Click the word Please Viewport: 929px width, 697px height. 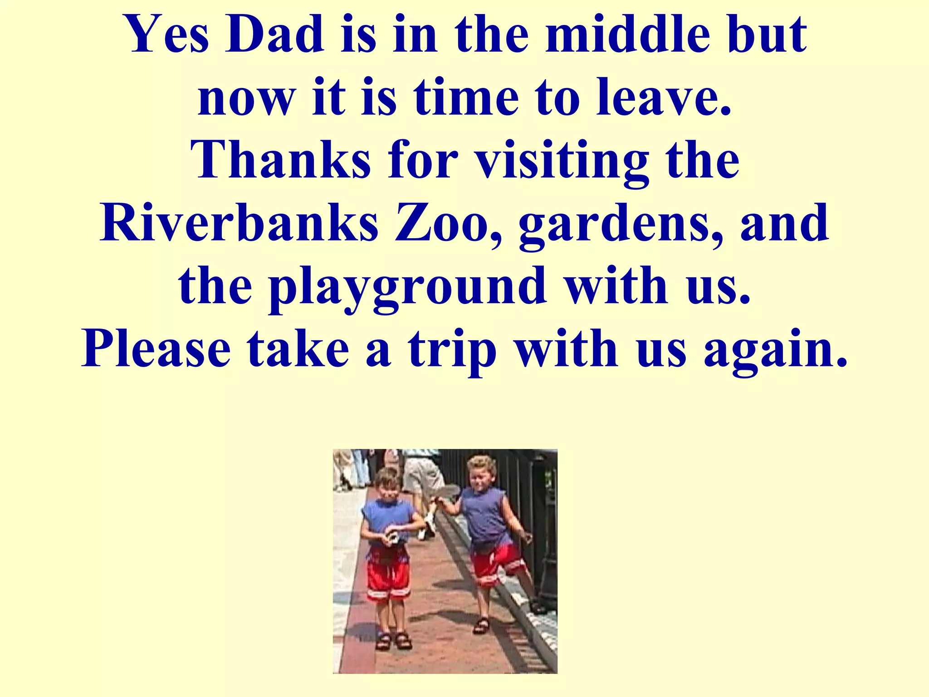coord(156,349)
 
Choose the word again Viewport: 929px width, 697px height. coord(775,350)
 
